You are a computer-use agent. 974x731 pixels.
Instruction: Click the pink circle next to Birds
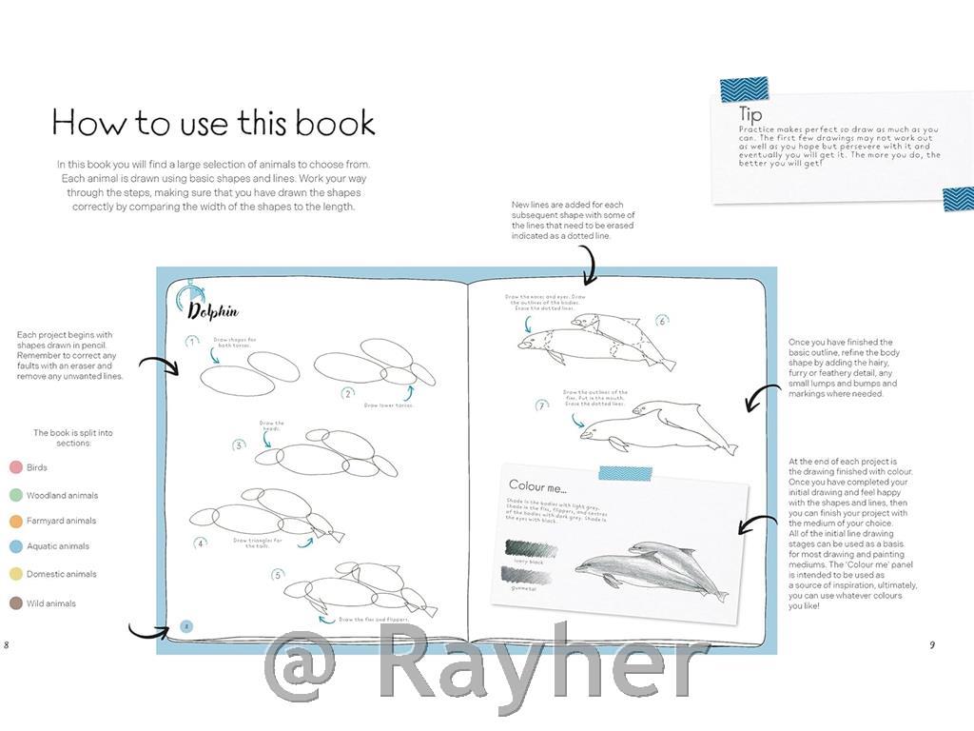click(x=15, y=467)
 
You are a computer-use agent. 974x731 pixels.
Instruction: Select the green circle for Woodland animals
click(x=15, y=495)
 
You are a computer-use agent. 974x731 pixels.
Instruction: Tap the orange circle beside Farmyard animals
click(x=15, y=521)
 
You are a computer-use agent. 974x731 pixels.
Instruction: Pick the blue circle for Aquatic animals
click(x=15, y=546)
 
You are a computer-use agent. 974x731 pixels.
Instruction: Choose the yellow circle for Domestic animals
click(x=15, y=574)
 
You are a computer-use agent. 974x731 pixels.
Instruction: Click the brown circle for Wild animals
click(x=15, y=603)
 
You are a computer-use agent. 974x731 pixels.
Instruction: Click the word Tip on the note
click(x=750, y=116)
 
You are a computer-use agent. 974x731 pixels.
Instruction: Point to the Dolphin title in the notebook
click(x=212, y=311)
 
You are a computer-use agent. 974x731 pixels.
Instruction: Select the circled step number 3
click(x=240, y=444)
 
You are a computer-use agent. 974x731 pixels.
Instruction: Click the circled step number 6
click(x=662, y=322)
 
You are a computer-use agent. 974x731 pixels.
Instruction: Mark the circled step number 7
click(x=542, y=405)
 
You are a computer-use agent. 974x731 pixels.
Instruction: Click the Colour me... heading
click(x=537, y=486)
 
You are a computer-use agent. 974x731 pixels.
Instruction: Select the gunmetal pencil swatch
click(x=527, y=575)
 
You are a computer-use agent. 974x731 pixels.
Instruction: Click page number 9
click(x=932, y=644)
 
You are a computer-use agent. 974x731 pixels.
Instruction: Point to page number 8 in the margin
click(x=7, y=644)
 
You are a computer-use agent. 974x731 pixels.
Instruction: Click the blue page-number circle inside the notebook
click(x=187, y=625)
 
